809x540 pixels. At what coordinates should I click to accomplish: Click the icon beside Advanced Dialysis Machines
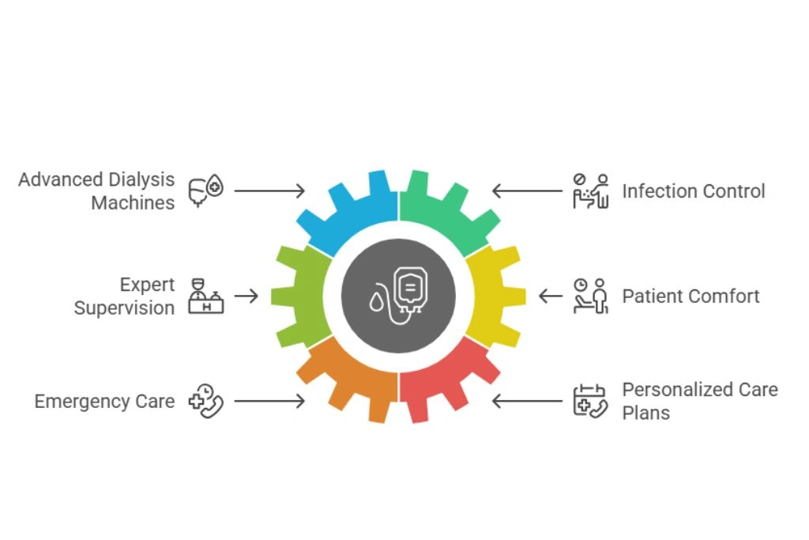click(x=205, y=191)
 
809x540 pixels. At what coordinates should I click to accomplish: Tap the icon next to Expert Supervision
click(x=205, y=296)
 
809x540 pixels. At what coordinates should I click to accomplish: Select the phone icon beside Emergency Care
click(x=205, y=401)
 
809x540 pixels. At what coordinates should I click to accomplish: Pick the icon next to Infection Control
click(x=591, y=191)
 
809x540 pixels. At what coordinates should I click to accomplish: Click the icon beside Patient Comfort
click(x=591, y=296)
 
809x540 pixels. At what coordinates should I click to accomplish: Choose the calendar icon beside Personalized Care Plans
click(x=589, y=401)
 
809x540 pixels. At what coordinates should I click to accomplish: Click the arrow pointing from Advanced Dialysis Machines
click(x=269, y=191)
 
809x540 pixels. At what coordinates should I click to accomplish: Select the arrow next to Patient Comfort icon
click(x=551, y=296)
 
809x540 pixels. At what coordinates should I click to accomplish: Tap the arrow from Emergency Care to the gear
click(x=269, y=401)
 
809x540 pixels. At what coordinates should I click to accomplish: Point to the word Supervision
click(x=124, y=308)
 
